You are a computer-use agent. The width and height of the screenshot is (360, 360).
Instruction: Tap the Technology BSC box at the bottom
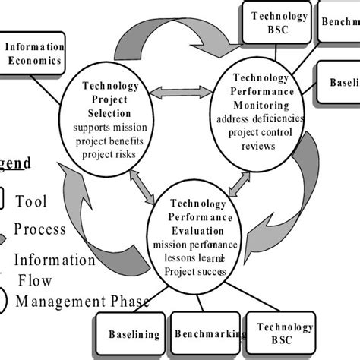[x=283, y=333]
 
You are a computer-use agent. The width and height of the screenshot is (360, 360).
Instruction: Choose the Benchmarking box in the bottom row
[x=209, y=333]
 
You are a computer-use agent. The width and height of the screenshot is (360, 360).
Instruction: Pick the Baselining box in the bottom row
[x=134, y=333]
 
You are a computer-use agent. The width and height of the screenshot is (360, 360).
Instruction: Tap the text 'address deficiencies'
[x=260, y=119]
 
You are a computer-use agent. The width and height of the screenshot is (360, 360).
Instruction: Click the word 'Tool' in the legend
[x=31, y=201]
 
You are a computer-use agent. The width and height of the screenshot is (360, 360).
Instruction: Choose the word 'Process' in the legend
[x=39, y=229]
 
